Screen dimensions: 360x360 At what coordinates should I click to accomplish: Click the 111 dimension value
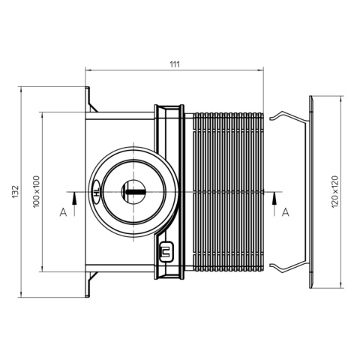point(175,64)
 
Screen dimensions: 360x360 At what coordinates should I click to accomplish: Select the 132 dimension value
point(16,192)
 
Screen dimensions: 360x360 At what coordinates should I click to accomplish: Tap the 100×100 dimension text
point(37,192)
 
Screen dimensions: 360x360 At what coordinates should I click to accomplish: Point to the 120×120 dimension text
point(334,192)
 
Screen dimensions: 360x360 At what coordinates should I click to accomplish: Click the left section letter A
point(63,212)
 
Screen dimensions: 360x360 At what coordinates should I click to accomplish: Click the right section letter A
point(286,212)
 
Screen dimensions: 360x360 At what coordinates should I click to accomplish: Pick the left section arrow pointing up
point(74,204)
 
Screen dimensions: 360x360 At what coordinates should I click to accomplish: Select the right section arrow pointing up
point(274,204)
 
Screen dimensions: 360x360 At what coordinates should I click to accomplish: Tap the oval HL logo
point(96,192)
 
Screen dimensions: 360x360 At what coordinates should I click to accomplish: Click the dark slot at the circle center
point(136,192)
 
